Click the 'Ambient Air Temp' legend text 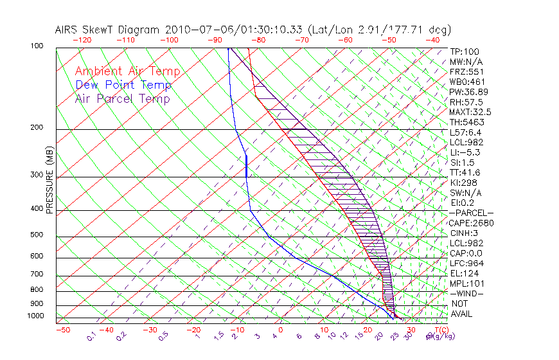coord(127,71)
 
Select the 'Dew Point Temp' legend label coord(123,85)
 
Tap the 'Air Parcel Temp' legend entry coord(122,98)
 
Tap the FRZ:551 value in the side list coord(466,71)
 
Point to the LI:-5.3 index coord(465,152)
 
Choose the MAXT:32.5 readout coord(470,112)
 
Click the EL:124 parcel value coord(464,273)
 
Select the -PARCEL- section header coord(472,213)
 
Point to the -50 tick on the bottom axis coord(63,330)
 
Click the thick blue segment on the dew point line coord(247,166)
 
